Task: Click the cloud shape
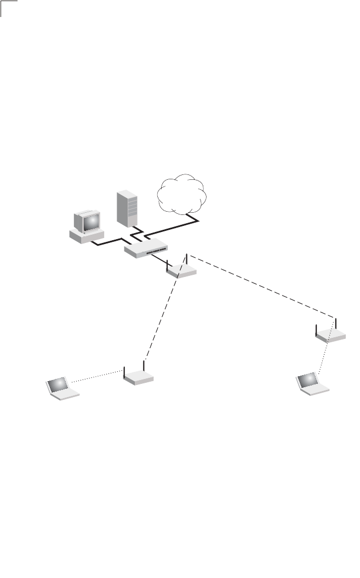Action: (x=182, y=195)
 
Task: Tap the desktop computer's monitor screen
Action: (x=91, y=222)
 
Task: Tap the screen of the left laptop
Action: (x=58, y=383)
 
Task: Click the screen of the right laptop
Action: (x=307, y=379)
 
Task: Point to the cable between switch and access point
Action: (x=160, y=259)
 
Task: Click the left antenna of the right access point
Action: (x=317, y=330)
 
